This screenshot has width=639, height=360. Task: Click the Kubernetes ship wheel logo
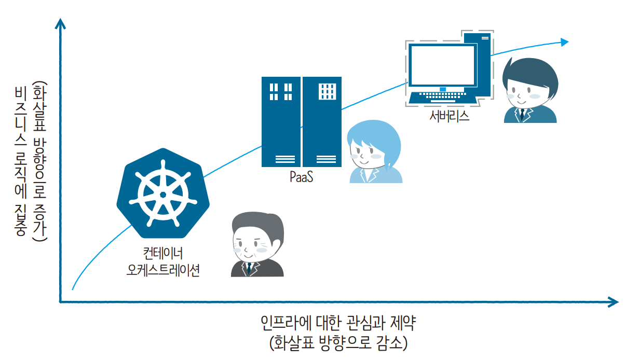[x=163, y=193]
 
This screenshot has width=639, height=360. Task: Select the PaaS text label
[x=302, y=177]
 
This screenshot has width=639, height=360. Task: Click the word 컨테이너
[x=163, y=254]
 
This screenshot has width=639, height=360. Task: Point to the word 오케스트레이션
[x=163, y=270]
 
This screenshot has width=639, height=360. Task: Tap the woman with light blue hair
[x=374, y=153]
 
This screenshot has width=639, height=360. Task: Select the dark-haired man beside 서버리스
[x=530, y=91]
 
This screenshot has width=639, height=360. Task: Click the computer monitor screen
[x=442, y=65]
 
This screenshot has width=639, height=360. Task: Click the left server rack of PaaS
[x=281, y=121]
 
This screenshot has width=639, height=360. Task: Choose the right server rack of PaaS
[x=322, y=121]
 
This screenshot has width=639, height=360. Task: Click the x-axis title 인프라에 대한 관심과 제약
[x=338, y=324]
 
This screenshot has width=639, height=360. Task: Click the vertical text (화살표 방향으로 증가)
[x=39, y=161]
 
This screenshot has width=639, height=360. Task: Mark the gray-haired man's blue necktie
[x=249, y=268]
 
